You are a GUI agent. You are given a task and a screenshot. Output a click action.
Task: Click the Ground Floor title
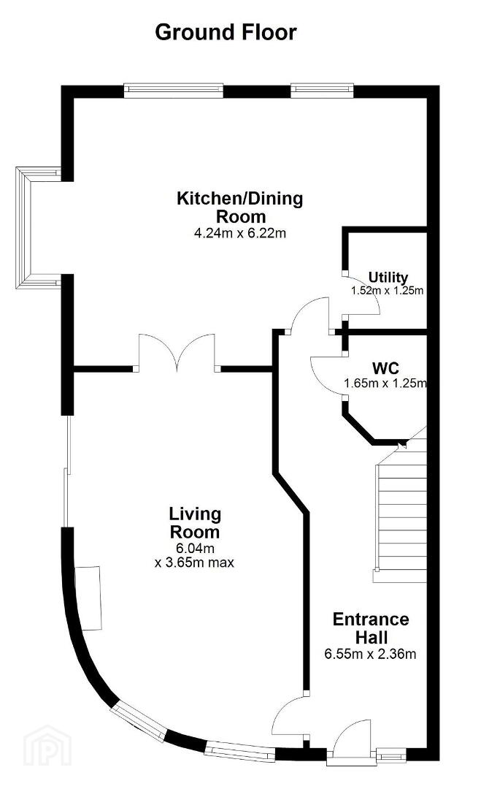coord(226,32)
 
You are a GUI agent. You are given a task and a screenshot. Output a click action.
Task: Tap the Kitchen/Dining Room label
coord(239,207)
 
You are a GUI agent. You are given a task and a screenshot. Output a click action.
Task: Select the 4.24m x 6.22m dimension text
coord(239,233)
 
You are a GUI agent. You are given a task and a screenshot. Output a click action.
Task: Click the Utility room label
coord(388,278)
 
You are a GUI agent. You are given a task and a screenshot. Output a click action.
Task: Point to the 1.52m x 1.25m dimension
coord(387,290)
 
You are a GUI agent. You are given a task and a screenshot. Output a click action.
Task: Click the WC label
coord(386,367)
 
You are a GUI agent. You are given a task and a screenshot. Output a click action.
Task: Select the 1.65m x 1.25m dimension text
coord(385,383)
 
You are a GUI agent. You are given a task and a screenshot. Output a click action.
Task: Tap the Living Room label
coord(194,523)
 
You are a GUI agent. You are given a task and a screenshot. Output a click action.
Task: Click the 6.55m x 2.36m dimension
coord(370,654)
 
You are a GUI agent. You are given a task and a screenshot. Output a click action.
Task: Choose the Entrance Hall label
coord(371,628)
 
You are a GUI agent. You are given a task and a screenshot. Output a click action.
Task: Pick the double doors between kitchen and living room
coord(177,352)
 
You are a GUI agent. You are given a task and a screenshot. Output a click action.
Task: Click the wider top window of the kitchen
coord(174,90)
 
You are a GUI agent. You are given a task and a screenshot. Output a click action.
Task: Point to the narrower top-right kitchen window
coord(322,90)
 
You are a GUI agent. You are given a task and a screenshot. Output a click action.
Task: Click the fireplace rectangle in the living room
coord(88,598)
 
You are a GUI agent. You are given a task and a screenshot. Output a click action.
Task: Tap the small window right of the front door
coord(391,755)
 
